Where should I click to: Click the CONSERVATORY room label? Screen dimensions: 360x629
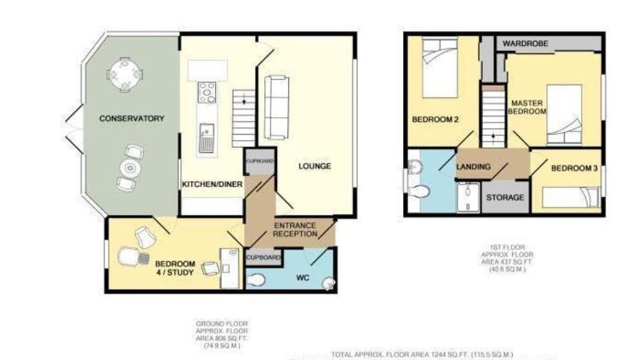(131, 118)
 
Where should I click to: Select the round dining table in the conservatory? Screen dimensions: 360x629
(125, 73)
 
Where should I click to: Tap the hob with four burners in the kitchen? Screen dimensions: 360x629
(207, 93)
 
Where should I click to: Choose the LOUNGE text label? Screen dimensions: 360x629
(314, 166)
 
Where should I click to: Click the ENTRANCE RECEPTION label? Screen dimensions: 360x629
(295, 229)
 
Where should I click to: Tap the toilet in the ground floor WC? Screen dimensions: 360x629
(256, 280)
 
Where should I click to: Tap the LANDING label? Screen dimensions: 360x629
(473, 166)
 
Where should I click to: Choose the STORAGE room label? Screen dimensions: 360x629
(505, 198)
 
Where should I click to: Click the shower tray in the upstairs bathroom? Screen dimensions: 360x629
(467, 197)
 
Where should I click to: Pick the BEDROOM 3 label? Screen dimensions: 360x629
(574, 168)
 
